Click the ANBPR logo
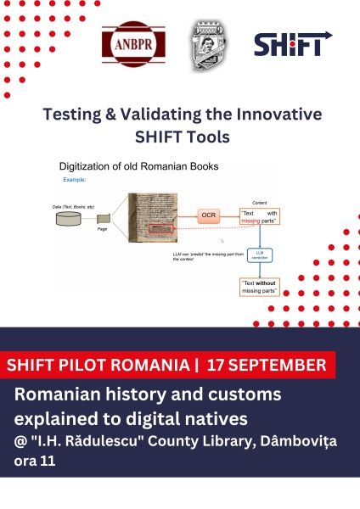tap(133, 43)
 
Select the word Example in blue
tap(75, 180)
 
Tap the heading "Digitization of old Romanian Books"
tap(138, 166)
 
